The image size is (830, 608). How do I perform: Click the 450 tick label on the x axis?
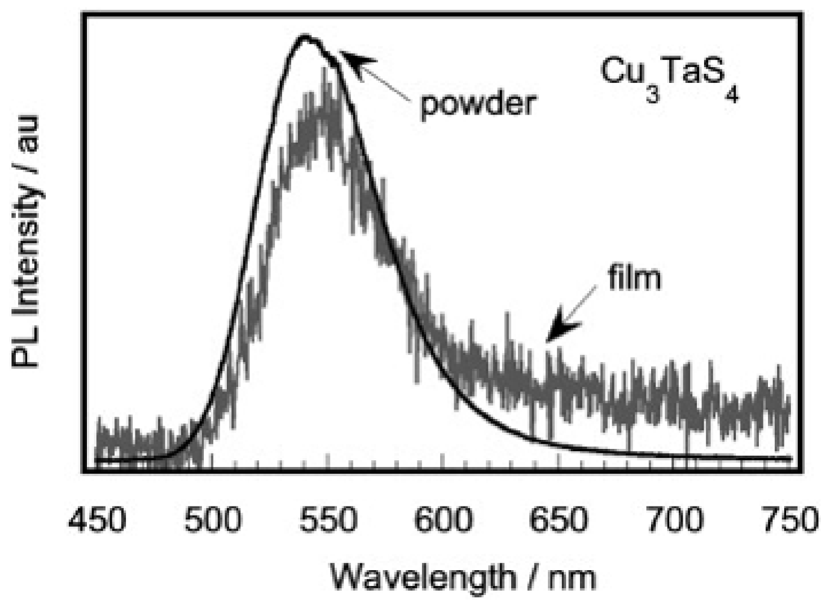96,519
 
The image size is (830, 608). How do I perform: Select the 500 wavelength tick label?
213,519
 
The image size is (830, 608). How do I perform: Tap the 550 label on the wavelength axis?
328,519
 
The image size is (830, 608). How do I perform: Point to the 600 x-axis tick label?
443,519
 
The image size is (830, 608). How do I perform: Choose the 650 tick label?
559,519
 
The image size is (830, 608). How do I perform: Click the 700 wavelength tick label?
674,519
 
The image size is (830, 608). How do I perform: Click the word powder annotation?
477,104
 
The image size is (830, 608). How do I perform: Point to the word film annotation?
634,278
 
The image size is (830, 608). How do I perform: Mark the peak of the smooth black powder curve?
305,37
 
